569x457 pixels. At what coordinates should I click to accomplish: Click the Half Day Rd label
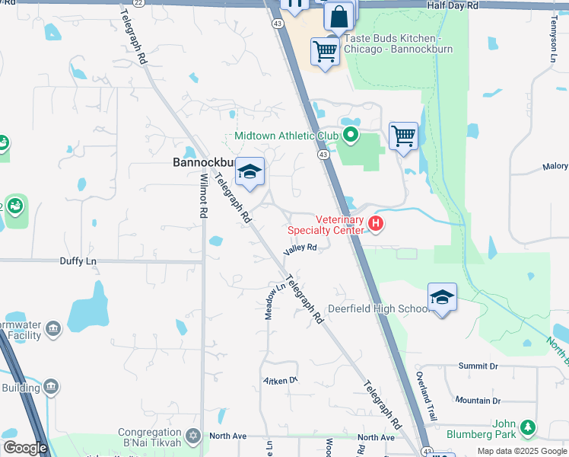453,5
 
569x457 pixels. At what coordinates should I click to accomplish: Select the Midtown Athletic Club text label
285,136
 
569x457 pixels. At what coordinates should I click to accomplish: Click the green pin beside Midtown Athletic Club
351,136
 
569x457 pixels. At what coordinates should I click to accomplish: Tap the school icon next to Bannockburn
250,172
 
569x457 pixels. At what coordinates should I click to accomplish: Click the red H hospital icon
375,223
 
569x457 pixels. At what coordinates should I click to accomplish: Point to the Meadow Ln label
269,301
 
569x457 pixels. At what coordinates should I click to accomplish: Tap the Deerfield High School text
379,309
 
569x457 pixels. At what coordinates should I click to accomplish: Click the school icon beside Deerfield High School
442,299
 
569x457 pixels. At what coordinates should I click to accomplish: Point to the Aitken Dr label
280,380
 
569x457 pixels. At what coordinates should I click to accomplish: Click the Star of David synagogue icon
193,436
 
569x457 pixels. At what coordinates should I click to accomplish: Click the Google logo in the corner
25,449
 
